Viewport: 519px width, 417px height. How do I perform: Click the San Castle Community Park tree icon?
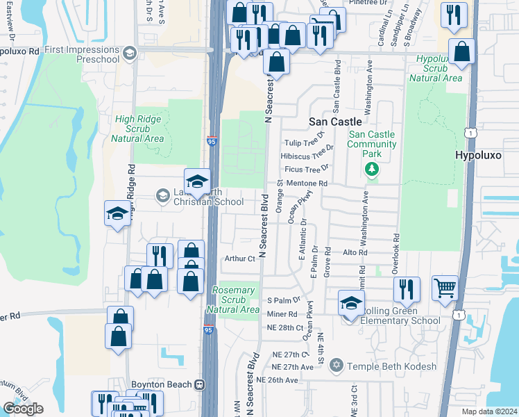373,168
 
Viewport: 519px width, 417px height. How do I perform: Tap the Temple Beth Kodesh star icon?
337,366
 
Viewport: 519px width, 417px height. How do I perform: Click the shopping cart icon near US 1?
445,287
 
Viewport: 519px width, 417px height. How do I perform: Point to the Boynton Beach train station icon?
199,384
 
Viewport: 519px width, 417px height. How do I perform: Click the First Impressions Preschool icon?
129,53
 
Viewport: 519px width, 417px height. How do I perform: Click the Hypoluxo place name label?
478,155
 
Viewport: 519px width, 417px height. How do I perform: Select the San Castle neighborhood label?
335,121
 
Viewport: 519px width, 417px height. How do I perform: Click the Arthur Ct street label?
240,259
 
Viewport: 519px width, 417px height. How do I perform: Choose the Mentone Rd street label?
306,183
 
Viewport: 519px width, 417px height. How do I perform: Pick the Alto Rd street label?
355,254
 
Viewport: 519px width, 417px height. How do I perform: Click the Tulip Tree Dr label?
305,142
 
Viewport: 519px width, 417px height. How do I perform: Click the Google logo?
23,409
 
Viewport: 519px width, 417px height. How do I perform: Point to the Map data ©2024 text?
488,411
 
